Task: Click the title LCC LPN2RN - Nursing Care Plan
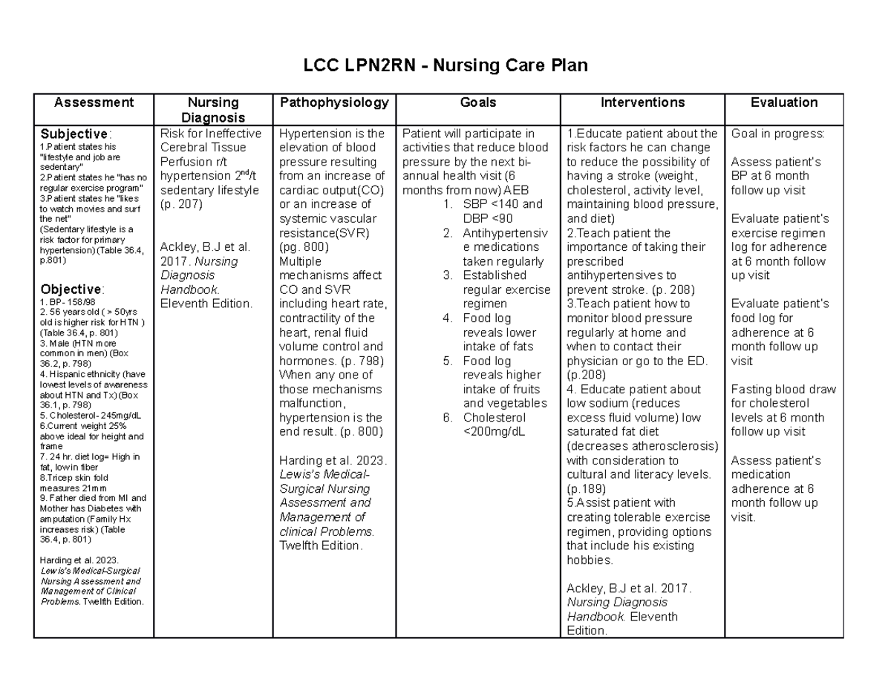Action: click(445, 66)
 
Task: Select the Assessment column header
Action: click(94, 103)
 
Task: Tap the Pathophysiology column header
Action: click(333, 103)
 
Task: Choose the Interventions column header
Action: click(643, 103)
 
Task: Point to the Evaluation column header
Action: click(784, 103)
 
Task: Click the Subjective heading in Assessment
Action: click(74, 134)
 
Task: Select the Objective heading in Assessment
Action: click(71, 289)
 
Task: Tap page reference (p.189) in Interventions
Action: click(586, 489)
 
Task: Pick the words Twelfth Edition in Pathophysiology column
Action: click(321, 546)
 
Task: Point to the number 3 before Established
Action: click(448, 275)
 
